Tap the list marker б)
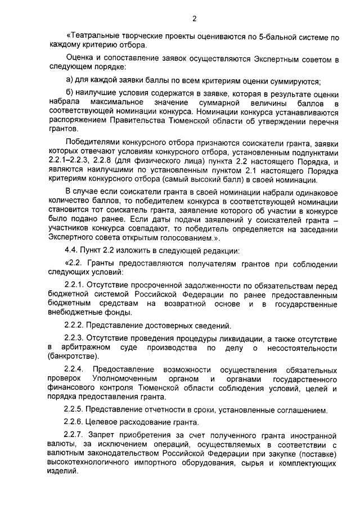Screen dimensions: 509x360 coord(70,92)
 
